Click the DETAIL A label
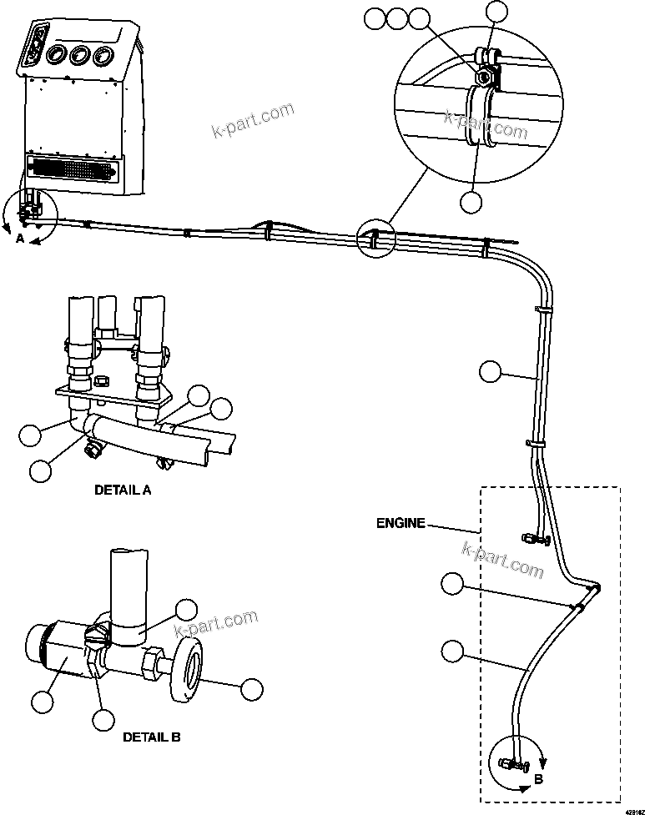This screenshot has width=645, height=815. coord(123,491)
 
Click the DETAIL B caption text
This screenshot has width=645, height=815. coord(151,737)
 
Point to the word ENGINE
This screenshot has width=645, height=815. coord(400,524)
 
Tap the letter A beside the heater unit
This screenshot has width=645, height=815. coord(20,239)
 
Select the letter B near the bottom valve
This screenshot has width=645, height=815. coord(538,779)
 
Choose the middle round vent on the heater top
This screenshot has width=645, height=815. coord(81,56)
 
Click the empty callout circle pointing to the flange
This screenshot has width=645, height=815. coord(251,689)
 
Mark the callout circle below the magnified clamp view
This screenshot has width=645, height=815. coord(471,201)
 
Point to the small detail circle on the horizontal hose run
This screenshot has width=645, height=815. coord(373,238)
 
